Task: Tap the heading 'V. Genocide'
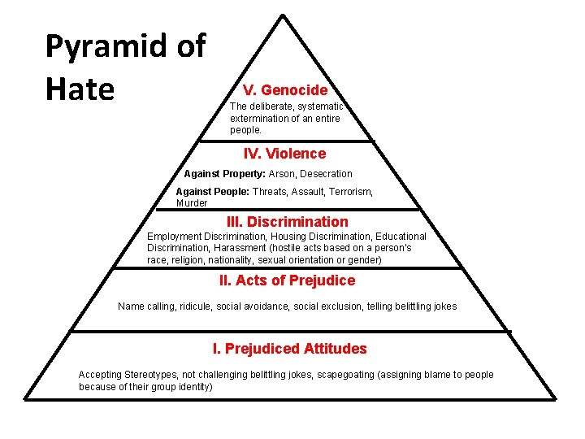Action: tap(284, 90)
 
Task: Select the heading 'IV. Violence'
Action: tap(284, 154)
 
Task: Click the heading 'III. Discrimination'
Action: tap(287, 222)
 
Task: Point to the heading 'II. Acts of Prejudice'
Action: tap(287, 280)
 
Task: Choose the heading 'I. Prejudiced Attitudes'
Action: tap(289, 349)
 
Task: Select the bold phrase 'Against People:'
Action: tap(213, 192)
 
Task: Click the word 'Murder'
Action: tap(192, 203)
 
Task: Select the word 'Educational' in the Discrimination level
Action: tap(401, 237)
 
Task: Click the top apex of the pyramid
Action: tap(283, 15)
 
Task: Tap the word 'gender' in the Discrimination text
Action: tap(363, 260)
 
